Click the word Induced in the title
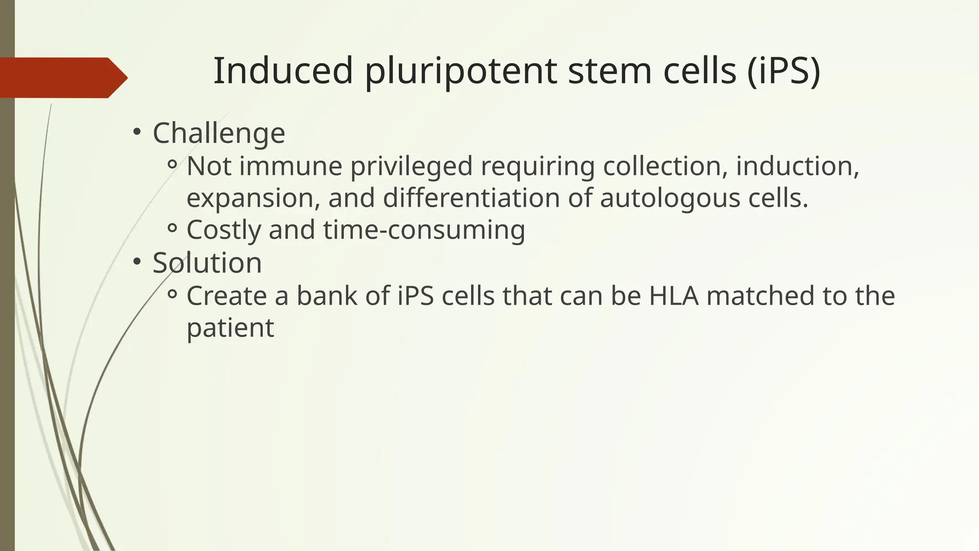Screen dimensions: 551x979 click(x=283, y=71)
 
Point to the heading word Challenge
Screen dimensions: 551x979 click(x=218, y=133)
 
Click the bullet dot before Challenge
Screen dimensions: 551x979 click(x=137, y=132)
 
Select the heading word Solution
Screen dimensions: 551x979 click(x=207, y=263)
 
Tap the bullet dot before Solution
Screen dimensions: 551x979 click(x=137, y=262)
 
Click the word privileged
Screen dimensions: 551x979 click(x=411, y=167)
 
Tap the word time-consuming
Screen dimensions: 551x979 click(x=424, y=230)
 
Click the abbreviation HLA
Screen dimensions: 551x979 click(x=674, y=296)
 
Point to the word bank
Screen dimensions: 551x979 click(x=327, y=296)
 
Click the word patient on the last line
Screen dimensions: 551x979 click(x=230, y=328)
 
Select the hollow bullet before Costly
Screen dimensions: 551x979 click(x=173, y=229)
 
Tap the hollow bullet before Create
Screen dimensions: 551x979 click(x=173, y=295)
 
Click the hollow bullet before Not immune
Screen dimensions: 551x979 click(x=173, y=165)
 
